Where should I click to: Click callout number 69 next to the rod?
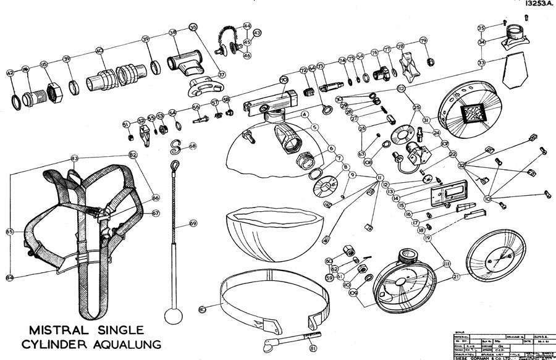193,223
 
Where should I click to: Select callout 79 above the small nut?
423,41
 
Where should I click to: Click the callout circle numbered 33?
481,63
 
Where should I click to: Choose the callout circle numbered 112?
402,90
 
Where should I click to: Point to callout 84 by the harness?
10,277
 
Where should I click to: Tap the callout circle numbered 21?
457,277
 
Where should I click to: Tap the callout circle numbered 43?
257,33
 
